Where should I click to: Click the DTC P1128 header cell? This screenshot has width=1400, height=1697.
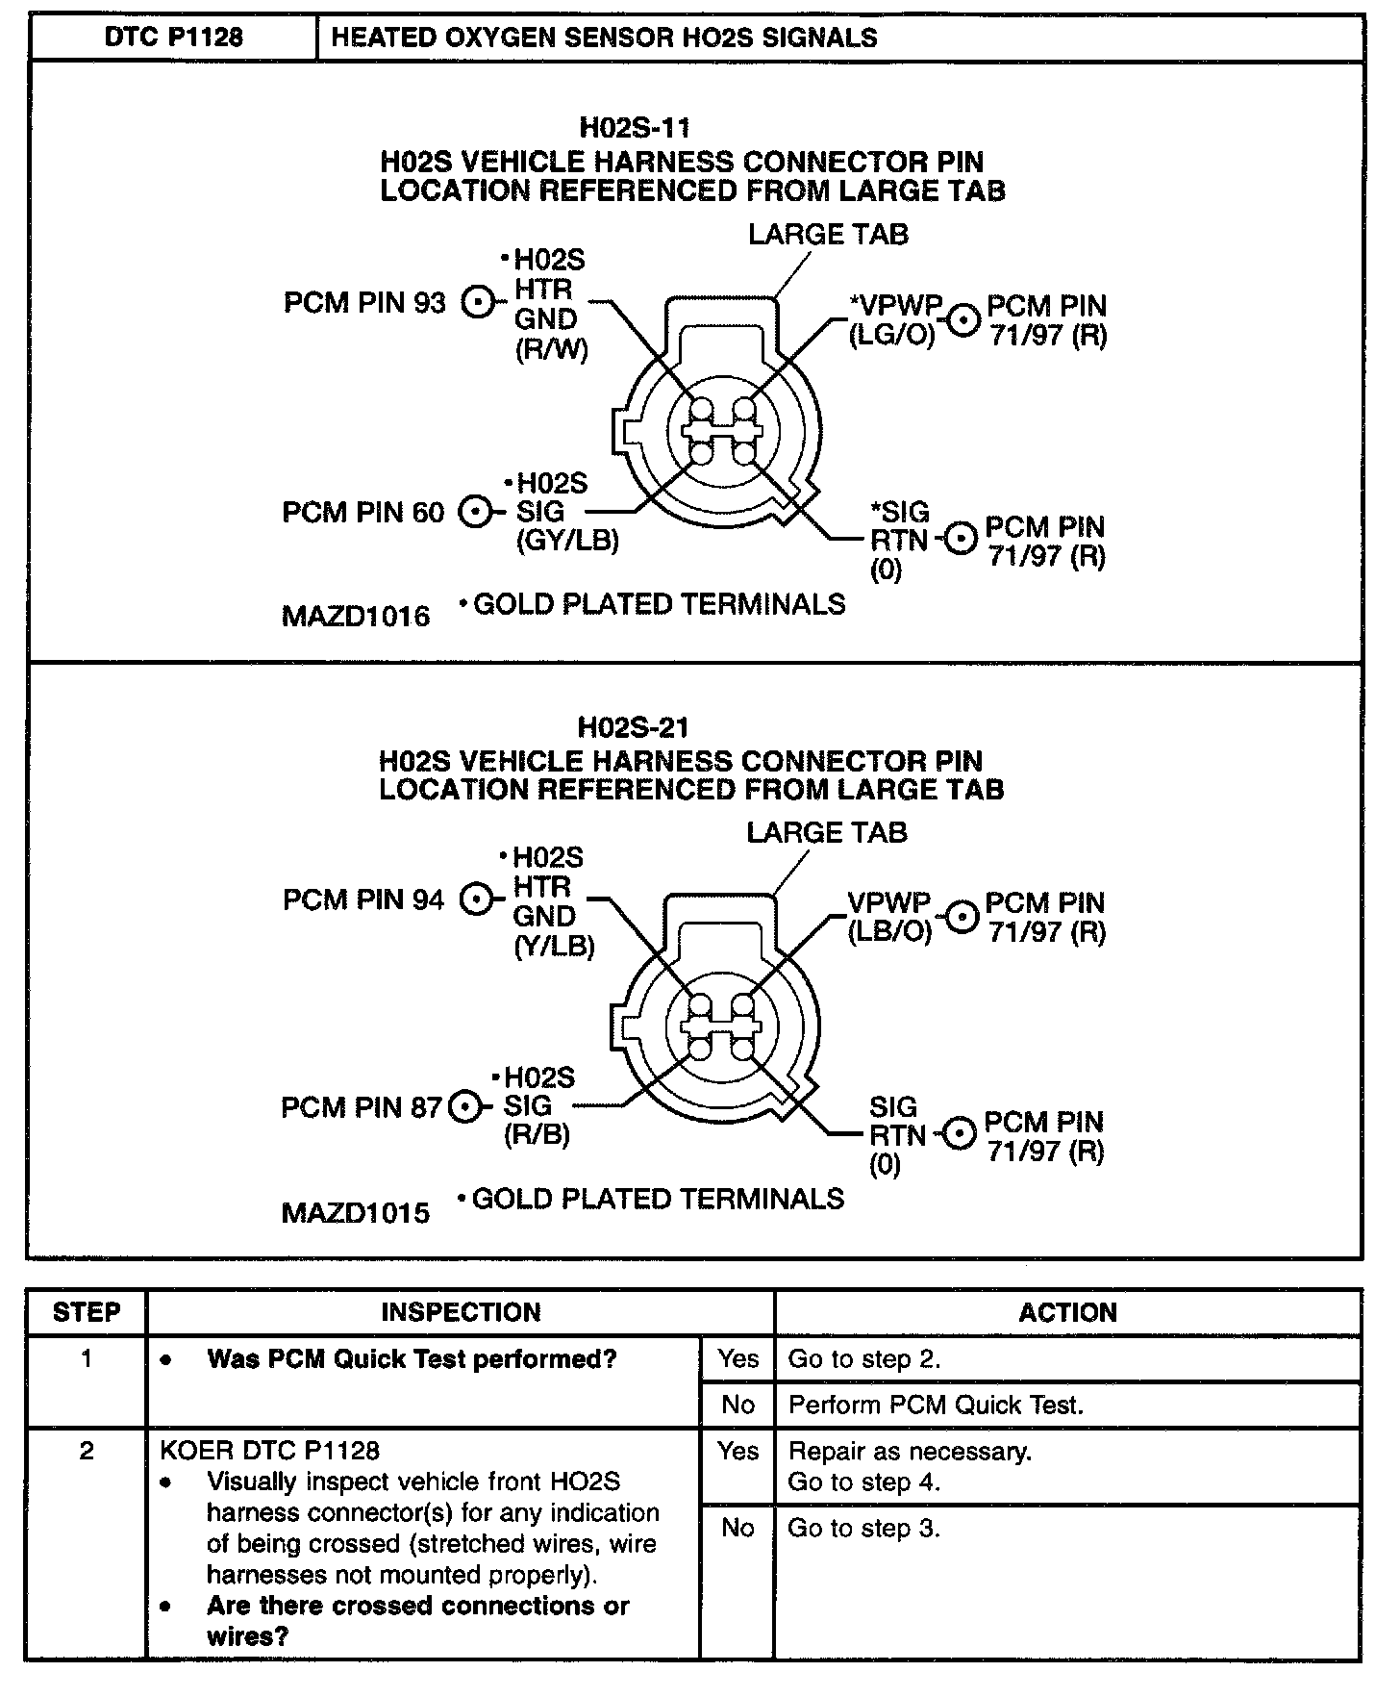[173, 38]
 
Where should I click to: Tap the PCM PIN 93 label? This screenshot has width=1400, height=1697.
[364, 303]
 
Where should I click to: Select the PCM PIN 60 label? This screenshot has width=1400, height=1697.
[362, 512]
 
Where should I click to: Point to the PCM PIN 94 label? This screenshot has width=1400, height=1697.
[363, 899]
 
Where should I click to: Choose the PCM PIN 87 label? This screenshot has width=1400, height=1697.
[361, 1107]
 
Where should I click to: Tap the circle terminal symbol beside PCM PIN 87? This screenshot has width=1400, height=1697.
[465, 1107]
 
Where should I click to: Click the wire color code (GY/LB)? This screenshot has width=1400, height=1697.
[567, 541]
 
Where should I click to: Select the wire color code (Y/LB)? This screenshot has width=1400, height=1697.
[554, 947]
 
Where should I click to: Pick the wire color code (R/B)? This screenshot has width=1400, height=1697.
[537, 1135]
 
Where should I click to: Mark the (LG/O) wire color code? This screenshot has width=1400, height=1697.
[891, 336]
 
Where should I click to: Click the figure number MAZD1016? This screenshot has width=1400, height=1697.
[356, 616]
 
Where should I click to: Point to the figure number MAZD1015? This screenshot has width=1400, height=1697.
[355, 1212]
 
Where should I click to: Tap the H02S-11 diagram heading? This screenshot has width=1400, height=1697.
[635, 127]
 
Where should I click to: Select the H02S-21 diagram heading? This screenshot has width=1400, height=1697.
[634, 726]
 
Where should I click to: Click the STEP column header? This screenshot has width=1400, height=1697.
[87, 1312]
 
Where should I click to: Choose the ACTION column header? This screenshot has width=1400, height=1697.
[1067, 1312]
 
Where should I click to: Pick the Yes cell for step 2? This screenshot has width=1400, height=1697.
[737, 1451]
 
